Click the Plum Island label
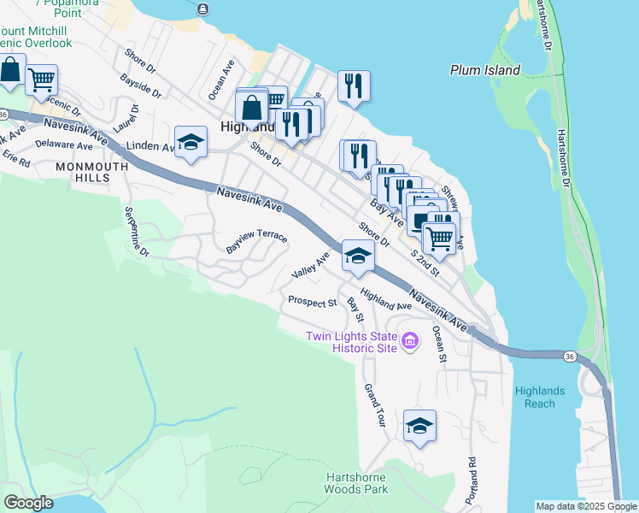click(x=485, y=70)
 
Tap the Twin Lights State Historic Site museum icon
click(x=410, y=342)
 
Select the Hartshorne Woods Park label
click(x=356, y=483)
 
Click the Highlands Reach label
click(x=540, y=397)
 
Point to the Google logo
click(x=28, y=503)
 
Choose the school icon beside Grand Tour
click(x=419, y=425)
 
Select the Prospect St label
click(x=312, y=301)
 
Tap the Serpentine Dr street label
click(x=136, y=233)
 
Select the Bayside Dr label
click(x=142, y=85)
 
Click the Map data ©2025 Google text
click(x=586, y=506)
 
